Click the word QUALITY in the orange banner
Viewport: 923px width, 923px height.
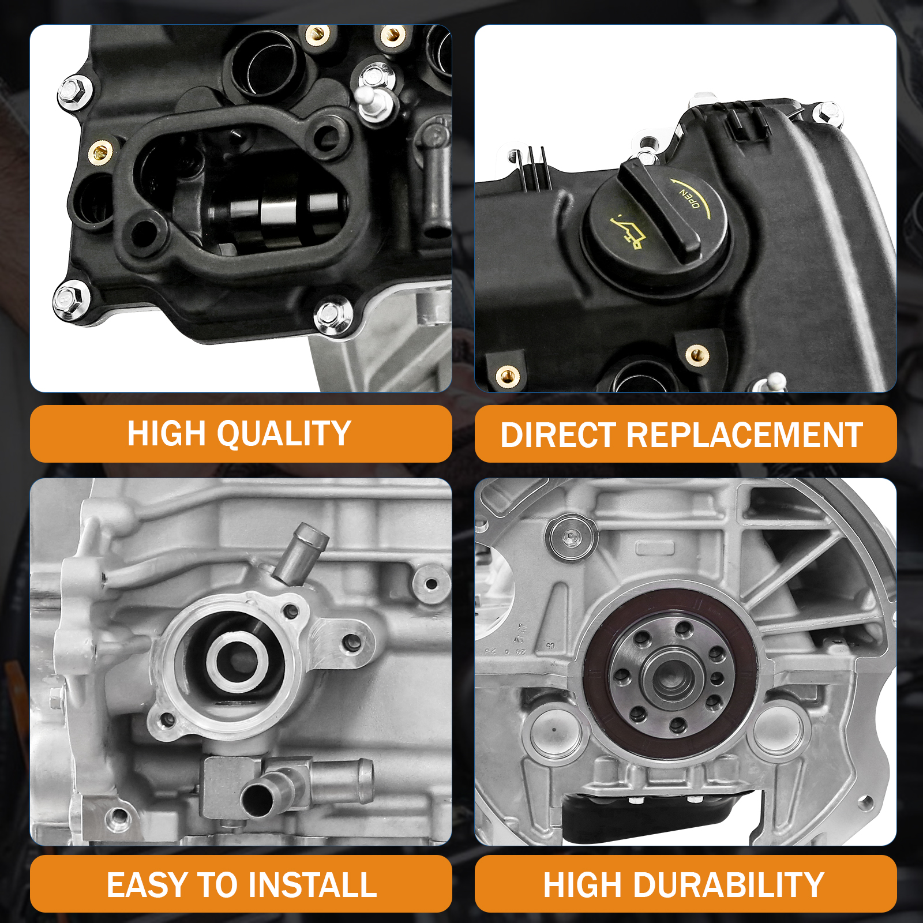(284, 434)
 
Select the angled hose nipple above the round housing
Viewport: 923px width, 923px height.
(300, 551)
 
